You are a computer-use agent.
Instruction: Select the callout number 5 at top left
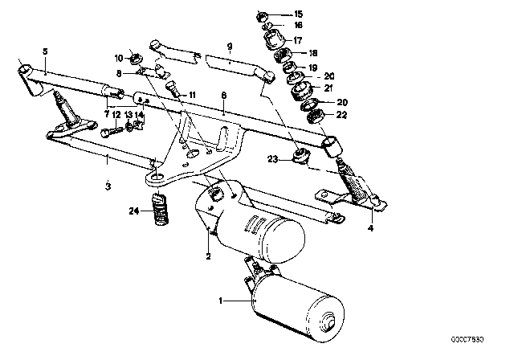(x=44, y=51)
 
